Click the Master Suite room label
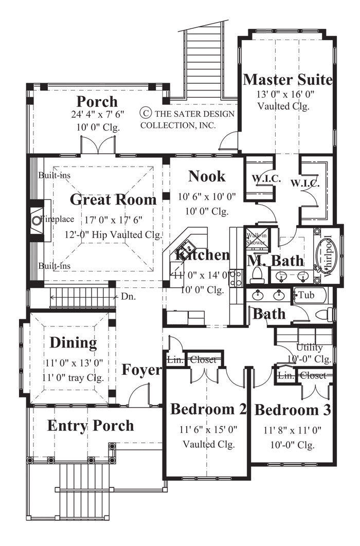tap(287, 80)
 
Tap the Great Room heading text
tap(113, 199)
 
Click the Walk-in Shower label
tap(256, 238)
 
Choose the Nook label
tap(207, 176)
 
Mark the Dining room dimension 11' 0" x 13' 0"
tap(73, 362)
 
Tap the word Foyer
tap(142, 370)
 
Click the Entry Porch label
tap(91, 426)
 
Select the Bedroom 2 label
tap(208, 409)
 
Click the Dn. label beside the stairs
tap(128, 296)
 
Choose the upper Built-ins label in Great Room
tap(54, 175)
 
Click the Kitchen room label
tap(202, 255)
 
